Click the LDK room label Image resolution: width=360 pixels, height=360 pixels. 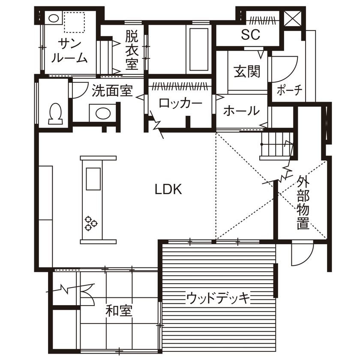(168, 189)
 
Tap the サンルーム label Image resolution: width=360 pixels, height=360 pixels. (69, 51)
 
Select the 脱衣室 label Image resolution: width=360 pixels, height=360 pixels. (132, 51)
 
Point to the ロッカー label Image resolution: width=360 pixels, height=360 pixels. (180, 103)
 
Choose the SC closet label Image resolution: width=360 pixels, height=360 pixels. (250, 35)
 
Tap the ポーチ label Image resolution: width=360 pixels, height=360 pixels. (290, 90)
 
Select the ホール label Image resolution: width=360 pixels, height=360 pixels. (241, 111)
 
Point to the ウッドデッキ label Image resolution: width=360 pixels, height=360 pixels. (218, 297)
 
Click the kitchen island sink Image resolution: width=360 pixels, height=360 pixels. (93, 179)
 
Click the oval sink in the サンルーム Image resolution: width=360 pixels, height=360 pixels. (54, 18)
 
